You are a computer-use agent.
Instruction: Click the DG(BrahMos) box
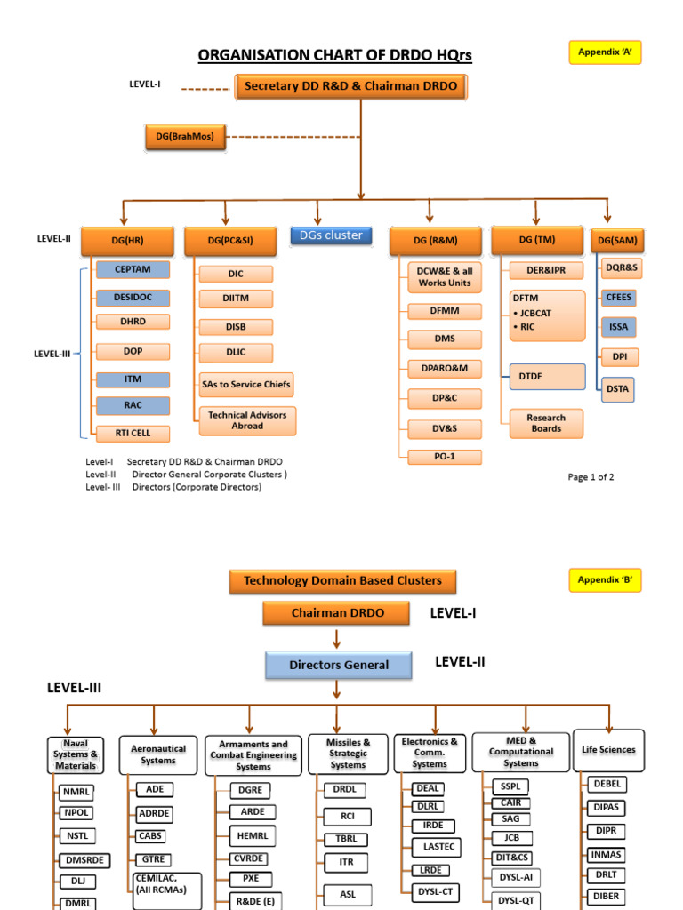click(x=185, y=137)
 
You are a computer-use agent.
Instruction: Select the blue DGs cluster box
click(x=331, y=235)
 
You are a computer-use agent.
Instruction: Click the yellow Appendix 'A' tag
click(x=605, y=52)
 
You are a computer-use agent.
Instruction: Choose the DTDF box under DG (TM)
click(x=547, y=377)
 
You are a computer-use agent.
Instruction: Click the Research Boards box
click(x=546, y=423)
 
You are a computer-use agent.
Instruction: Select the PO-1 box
click(x=445, y=457)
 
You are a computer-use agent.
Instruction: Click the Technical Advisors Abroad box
click(x=247, y=420)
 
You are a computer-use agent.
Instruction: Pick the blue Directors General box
click(x=339, y=665)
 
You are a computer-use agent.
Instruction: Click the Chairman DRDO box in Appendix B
click(x=336, y=613)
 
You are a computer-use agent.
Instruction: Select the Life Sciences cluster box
click(x=608, y=750)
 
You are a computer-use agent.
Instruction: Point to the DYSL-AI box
click(x=516, y=877)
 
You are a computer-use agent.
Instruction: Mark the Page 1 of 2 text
click(x=591, y=477)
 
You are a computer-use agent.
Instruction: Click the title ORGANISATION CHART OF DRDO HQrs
click(x=334, y=56)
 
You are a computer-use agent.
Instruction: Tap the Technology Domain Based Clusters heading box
click(x=342, y=581)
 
